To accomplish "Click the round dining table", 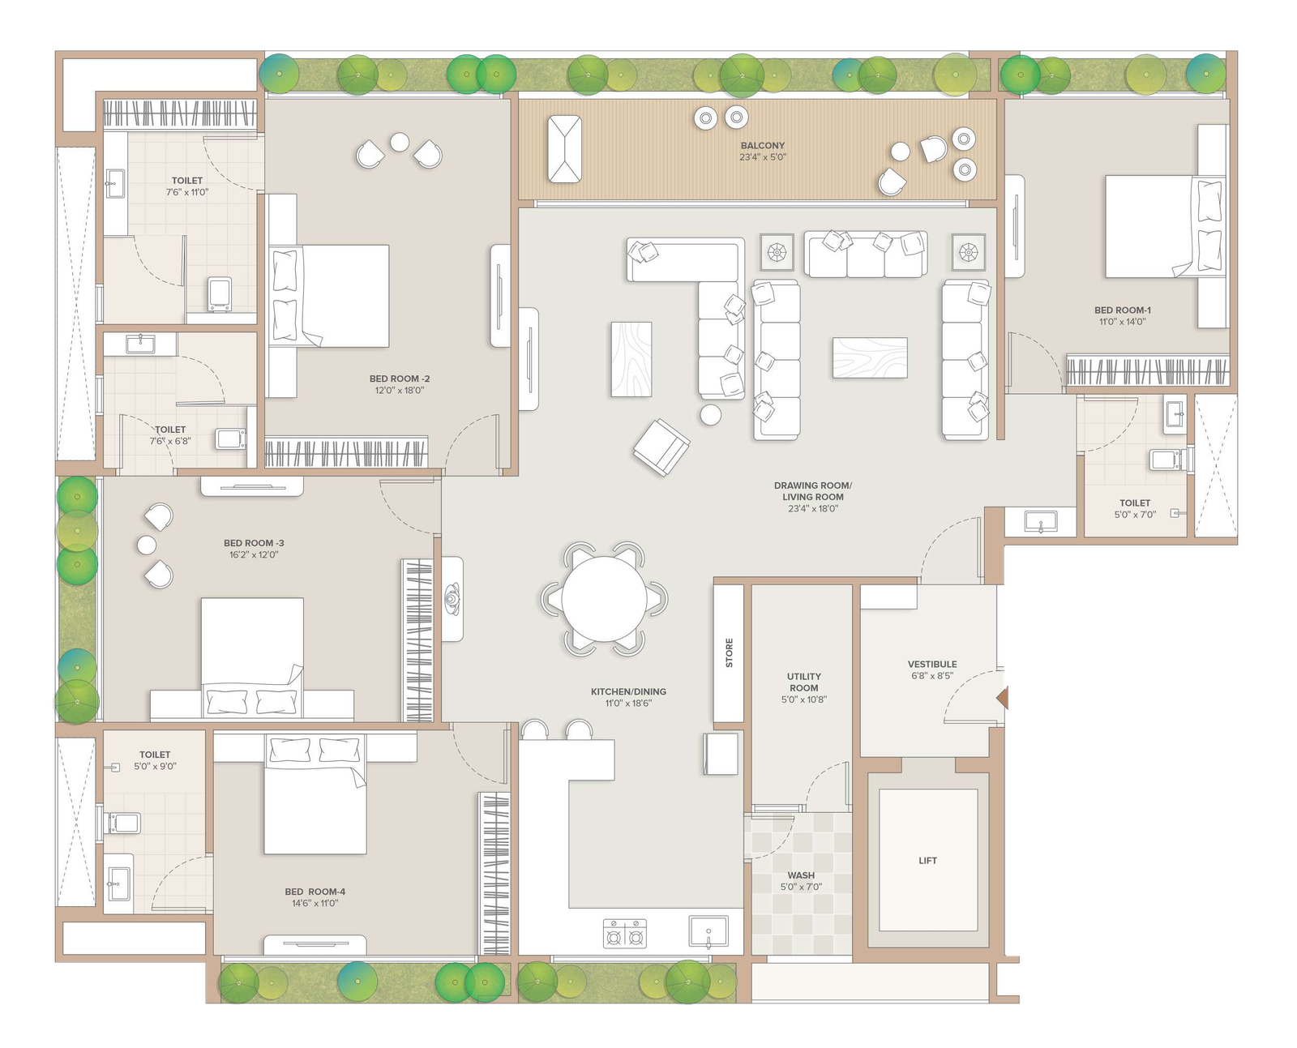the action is click(603, 599).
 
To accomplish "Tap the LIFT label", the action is click(927, 861).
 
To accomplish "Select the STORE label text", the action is click(729, 652).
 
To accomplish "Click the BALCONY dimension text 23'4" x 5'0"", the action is click(763, 157).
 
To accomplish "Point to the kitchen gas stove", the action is click(625, 933).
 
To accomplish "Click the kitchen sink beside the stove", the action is click(708, 932).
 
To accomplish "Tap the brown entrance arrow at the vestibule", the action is click(1002, 698).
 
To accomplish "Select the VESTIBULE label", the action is click(932, 664).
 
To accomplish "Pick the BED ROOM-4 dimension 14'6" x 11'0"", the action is click(315, 903).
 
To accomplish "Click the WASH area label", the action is click(801, 875).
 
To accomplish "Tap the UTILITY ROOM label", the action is click(804, 682).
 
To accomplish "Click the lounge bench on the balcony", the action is click(564, 148).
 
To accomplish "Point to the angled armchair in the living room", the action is click(661, 447).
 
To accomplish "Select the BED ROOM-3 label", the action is click(254, 542).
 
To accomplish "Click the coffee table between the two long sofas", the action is click(870, 357).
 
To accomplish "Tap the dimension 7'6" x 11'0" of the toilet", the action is click(187, 192).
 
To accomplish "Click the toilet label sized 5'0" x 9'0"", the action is click(155, 755).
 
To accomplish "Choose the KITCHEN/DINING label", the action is click(628, 691).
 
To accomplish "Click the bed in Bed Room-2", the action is click(329, 296).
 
